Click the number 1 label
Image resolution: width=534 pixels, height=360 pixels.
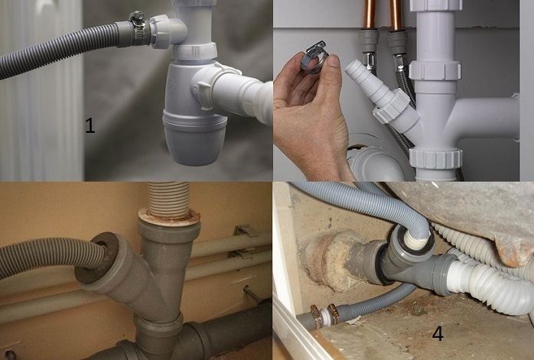(x=90, y=125)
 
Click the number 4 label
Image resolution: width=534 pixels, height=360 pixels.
(x=437, y=334)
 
